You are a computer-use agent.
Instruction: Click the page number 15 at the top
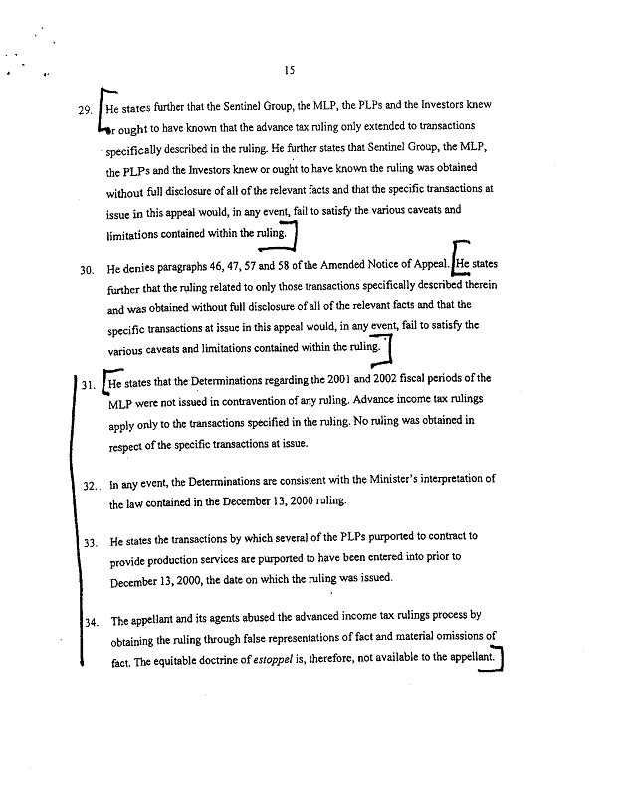(289, 70)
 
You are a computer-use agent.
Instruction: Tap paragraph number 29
(84, 110)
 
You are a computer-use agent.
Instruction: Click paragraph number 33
(89, 543)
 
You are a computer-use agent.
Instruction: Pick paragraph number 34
(90, 624)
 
